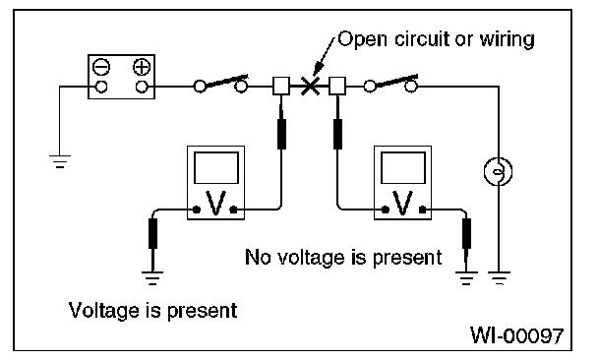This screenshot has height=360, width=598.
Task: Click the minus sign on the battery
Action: pyautogui.click(x=101, y=67)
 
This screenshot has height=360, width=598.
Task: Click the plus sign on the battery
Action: pyautogui.click(x=142, y=67)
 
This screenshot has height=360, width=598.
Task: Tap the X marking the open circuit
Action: pyautogui.click(x=310, y=86)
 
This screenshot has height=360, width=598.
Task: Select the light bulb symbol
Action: pyautogui.click(x=498, y=171)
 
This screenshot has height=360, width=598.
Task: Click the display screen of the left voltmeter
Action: pyautogui.click(x=216, y=168)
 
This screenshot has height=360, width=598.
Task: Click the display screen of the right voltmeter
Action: pyautogui.click(x=403, y=168)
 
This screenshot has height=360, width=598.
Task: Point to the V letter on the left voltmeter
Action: pyautogui.click(x=215, y=203)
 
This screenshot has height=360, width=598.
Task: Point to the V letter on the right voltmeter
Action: pyautogui.click(x=403, y=203)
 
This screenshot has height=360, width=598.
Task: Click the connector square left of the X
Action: pyautogui.click(x=281, y=86)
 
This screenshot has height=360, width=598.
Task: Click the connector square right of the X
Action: pyautogui.click(x=337, y=86)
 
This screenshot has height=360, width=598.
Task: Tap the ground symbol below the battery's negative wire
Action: pyautogui.click(x=60, y=161)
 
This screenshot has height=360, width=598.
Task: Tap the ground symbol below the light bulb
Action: pyautogui.click(x=499, y=278)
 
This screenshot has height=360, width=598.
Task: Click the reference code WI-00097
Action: pyautogui.click(x=516, y=335)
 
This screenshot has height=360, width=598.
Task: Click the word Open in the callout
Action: pyautogui.click(x=363, y=39)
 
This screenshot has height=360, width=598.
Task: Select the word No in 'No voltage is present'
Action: pyautogui.click(x=258, y=257)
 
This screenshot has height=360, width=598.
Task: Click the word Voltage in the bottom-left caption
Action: pyautogui.click(x=103, y=311)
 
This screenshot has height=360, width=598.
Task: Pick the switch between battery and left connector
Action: pyautogui.click(x=220, y=84)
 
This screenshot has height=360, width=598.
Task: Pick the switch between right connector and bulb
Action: pyautogui.click(x=390, y=84)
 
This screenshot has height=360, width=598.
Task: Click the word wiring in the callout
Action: pyautogui.click(x=507, y=39)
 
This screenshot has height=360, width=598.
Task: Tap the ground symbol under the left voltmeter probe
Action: pyautogui.click(x=152, y=278)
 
